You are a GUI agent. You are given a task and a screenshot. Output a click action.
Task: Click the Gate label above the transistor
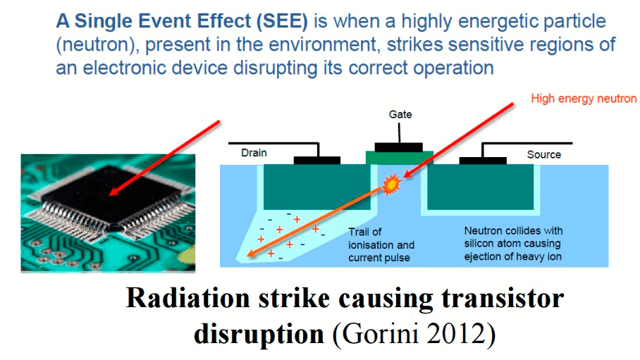tap(400, 114)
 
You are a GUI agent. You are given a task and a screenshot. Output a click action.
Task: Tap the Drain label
tap(254, 153)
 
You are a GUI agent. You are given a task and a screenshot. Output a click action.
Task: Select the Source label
tap(543, 154)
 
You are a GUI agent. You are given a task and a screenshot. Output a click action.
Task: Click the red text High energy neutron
tap(584, 99)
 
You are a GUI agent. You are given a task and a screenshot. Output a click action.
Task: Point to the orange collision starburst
tap(391, 184)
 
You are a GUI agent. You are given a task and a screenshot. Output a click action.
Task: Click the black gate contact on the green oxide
tap(399, 147)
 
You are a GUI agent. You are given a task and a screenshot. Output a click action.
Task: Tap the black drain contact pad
tap(317, 161)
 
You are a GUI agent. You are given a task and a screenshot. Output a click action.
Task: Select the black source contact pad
tap(483, 161)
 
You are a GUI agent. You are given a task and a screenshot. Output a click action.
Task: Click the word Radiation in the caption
tap(188, 298)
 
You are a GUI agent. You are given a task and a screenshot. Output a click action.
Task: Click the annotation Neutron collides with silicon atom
tap(513, 237)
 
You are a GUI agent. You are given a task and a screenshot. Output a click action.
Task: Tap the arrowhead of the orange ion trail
tap(251, 254)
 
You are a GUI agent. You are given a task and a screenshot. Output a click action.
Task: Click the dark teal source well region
tap(480, 187)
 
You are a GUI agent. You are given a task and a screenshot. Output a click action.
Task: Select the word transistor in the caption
tap(503, 298)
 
